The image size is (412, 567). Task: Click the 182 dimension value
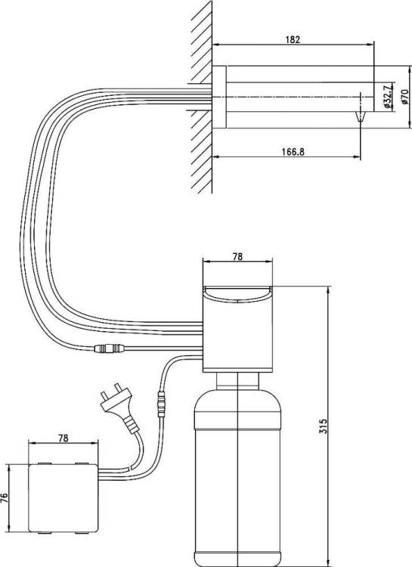293,39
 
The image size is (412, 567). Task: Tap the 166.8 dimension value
293,151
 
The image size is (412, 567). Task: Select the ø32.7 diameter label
386,97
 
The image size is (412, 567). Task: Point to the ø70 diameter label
404,97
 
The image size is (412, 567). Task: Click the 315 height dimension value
323,426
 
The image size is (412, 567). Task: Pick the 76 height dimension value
5,498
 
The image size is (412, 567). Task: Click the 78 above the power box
63,438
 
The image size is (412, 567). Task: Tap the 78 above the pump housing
237,256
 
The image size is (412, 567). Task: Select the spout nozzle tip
361,116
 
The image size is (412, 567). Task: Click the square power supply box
63,498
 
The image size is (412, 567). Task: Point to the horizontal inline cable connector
109,349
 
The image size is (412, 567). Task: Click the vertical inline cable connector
161,404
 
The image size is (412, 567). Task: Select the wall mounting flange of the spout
219,97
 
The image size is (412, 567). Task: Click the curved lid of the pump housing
237,292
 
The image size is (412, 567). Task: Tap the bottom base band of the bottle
237,559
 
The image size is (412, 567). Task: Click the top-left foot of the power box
45,463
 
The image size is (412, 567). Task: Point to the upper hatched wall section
201,42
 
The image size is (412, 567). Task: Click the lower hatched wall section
201,151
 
